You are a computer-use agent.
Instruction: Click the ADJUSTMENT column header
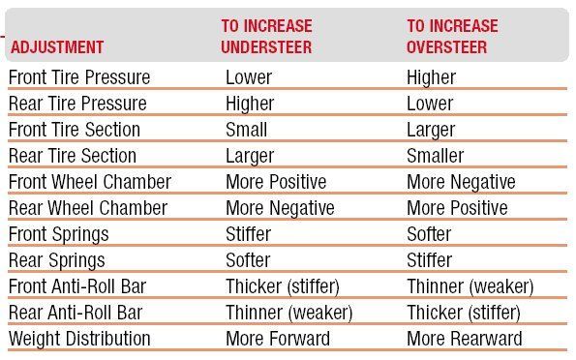tap(57, 47)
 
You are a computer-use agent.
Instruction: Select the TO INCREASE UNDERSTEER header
tap(266, 37)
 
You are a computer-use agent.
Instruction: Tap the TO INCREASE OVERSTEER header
tap(452, 37)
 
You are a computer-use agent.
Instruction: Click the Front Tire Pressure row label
tap(79, 77)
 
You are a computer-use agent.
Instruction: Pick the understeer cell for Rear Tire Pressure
tap(250, 104)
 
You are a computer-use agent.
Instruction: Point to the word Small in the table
tap(246, 130)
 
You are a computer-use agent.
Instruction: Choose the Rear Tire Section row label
tap(73, 156)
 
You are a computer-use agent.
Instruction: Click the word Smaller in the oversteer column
tap(436, 156)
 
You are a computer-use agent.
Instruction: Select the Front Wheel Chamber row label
tap(90, 182)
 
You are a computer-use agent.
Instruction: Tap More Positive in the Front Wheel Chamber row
tap(276, 182)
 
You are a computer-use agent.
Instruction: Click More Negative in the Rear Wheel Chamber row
tap(281, 208)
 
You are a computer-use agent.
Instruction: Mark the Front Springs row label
tap(59, 235)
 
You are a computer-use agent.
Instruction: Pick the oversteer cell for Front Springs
tap(429, 234)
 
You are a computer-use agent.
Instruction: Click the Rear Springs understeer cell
tap(248, 260)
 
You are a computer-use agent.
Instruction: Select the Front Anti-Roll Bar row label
tap(77, 286)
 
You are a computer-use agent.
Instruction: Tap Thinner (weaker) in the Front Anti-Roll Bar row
tap(470, 286)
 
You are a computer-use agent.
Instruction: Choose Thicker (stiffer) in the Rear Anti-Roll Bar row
tap(464, 313)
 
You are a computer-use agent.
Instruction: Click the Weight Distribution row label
tap(79, 339)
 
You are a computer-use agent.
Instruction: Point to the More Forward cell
tap(278, 339)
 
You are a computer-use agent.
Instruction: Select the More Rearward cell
tap(465, 339)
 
